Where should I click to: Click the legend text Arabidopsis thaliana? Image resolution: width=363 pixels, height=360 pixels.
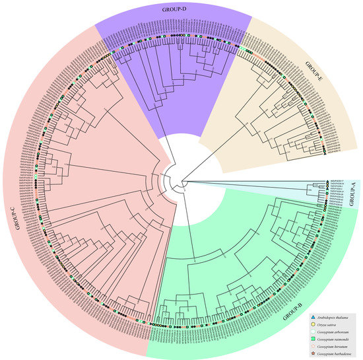(333, 318)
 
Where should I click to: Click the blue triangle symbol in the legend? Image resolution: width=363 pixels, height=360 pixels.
(312, 318)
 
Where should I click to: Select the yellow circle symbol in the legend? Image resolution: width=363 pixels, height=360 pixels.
(312, 325)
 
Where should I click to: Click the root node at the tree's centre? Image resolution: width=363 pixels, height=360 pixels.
(182, 180)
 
